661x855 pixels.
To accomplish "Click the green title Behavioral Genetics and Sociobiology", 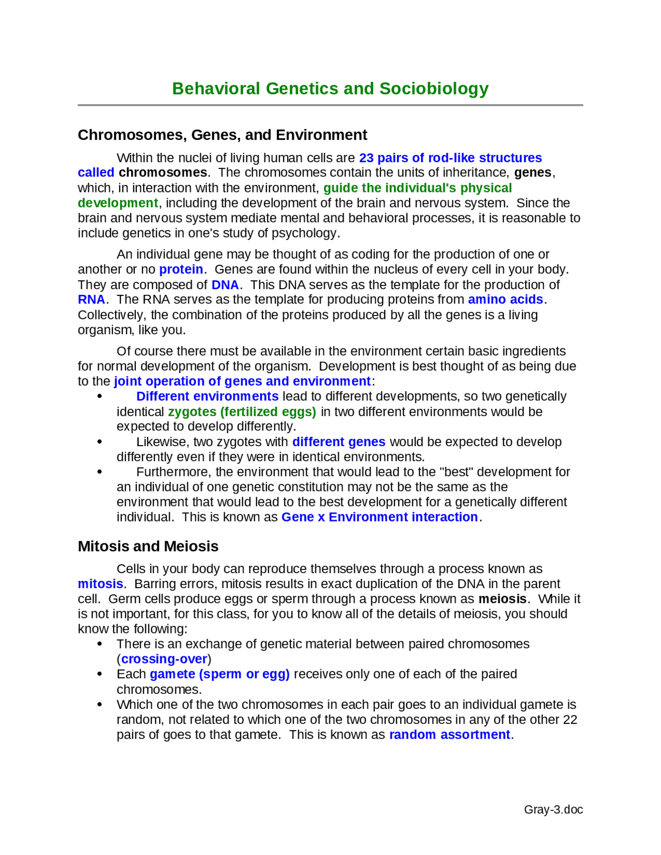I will (330, 89).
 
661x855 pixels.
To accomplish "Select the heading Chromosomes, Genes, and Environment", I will (222, 135).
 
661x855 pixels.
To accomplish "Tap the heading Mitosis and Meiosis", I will (148, 546).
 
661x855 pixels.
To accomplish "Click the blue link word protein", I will (181, 270).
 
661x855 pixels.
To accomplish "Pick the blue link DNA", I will (225, 285).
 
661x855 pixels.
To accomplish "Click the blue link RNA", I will (91, 299).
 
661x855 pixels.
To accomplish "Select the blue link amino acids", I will (505, 299).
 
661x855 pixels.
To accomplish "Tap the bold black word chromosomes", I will (163, 172).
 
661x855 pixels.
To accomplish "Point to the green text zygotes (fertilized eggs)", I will (242, 412).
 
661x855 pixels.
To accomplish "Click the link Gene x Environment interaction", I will (379, 517).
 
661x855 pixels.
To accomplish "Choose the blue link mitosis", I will (100, 584).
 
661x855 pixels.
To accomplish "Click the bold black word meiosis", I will (502, 599).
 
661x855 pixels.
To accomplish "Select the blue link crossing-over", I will (164, 659).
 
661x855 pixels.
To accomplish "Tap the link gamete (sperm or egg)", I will (219, 674).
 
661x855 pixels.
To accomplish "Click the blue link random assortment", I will (449, 735).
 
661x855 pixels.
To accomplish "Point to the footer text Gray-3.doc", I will (553, 810).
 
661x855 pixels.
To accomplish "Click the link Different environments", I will (207, 397).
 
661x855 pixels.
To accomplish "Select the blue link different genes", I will (339, 442).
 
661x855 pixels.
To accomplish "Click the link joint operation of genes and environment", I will (242, 382).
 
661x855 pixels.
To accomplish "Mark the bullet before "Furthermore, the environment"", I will (100, 472).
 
